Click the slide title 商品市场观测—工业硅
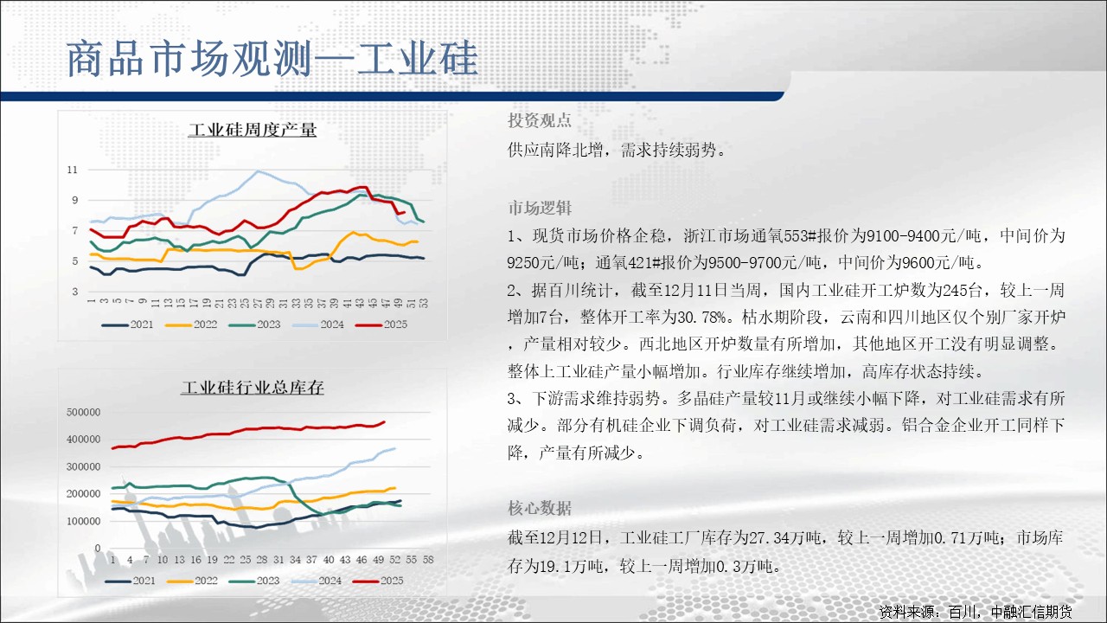tap(272, 59)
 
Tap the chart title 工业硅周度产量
tap(252, 130)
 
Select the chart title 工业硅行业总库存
tap(252, 387)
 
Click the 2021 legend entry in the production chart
tap(127, 324)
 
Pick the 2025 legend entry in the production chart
tap(381, 324)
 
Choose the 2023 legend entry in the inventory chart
tap(254, 581)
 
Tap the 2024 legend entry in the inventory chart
tap(317, 581)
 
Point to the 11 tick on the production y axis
tap(73, 170)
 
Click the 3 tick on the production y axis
tap(75, 292)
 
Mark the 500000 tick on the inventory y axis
tap(84, 412)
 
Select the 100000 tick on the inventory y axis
tap(84, 521)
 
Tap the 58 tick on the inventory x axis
tap(428, 559)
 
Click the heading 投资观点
tap(539, 120)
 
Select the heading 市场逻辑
tap(539, 208)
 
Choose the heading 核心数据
tap(539, 508)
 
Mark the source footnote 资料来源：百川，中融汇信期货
tap(975, 612)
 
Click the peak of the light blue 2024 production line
tap(258, 171)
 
